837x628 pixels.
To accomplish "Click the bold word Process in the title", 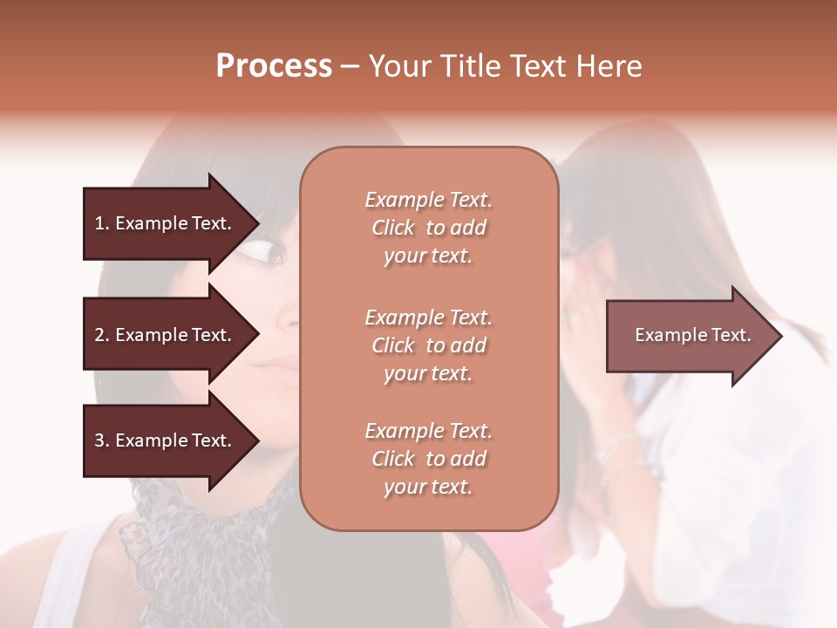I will [x=274, y=66].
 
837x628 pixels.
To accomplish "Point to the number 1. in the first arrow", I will [x=101, y=223].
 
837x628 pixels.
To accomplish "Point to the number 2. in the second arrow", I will [x=101, y=335].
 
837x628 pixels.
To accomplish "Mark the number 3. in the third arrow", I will [x=101, y=440].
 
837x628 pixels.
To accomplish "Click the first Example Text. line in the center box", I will [x=428, y=200].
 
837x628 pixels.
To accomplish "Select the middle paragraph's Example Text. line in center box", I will [x=428, y=317].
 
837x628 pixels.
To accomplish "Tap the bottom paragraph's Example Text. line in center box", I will [x=428, y=431].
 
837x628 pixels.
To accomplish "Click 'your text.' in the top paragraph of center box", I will [x=428, y=256].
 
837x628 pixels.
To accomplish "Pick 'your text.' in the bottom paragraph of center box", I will [x=428, y=488].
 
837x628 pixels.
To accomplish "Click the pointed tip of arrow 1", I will [x=258, y=223].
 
